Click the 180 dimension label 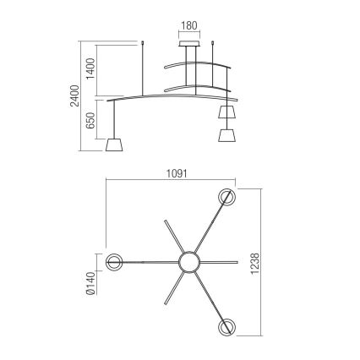point(191,25)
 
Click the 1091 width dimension point(176,174)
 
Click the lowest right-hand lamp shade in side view point(226,135)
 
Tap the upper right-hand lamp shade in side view point(226,112)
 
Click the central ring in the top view point(187,262)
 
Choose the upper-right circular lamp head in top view point(226,198)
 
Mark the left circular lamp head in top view point(115,262)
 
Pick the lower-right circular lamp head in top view point(226,327)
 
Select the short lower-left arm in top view point(171,288)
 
